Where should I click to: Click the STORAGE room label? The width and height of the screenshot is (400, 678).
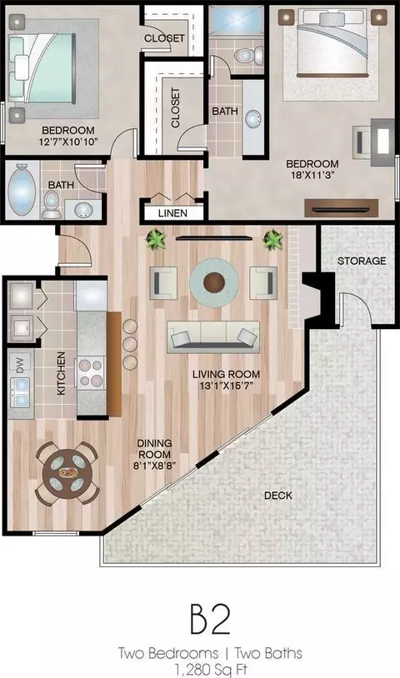click(362, 261)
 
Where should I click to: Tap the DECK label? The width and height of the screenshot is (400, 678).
click(278, 496)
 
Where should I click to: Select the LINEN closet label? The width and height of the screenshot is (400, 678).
click(172, 213)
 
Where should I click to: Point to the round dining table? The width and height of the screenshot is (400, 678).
click(67, 473)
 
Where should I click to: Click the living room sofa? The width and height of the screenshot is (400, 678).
click(213, 337)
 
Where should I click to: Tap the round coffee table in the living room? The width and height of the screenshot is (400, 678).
click(214, 283)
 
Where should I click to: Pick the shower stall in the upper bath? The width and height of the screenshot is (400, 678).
click(236, 21)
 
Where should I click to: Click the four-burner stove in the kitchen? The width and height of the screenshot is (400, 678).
click(91, 372)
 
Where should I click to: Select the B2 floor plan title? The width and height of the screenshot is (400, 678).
click(210, 619)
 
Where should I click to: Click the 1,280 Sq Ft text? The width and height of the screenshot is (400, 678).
click(211, 670)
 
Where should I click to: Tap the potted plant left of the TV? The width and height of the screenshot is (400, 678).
click(156, 239)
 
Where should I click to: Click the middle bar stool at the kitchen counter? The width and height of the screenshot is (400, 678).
click(130, 345)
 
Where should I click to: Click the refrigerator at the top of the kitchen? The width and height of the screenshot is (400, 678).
click(91, 296)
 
